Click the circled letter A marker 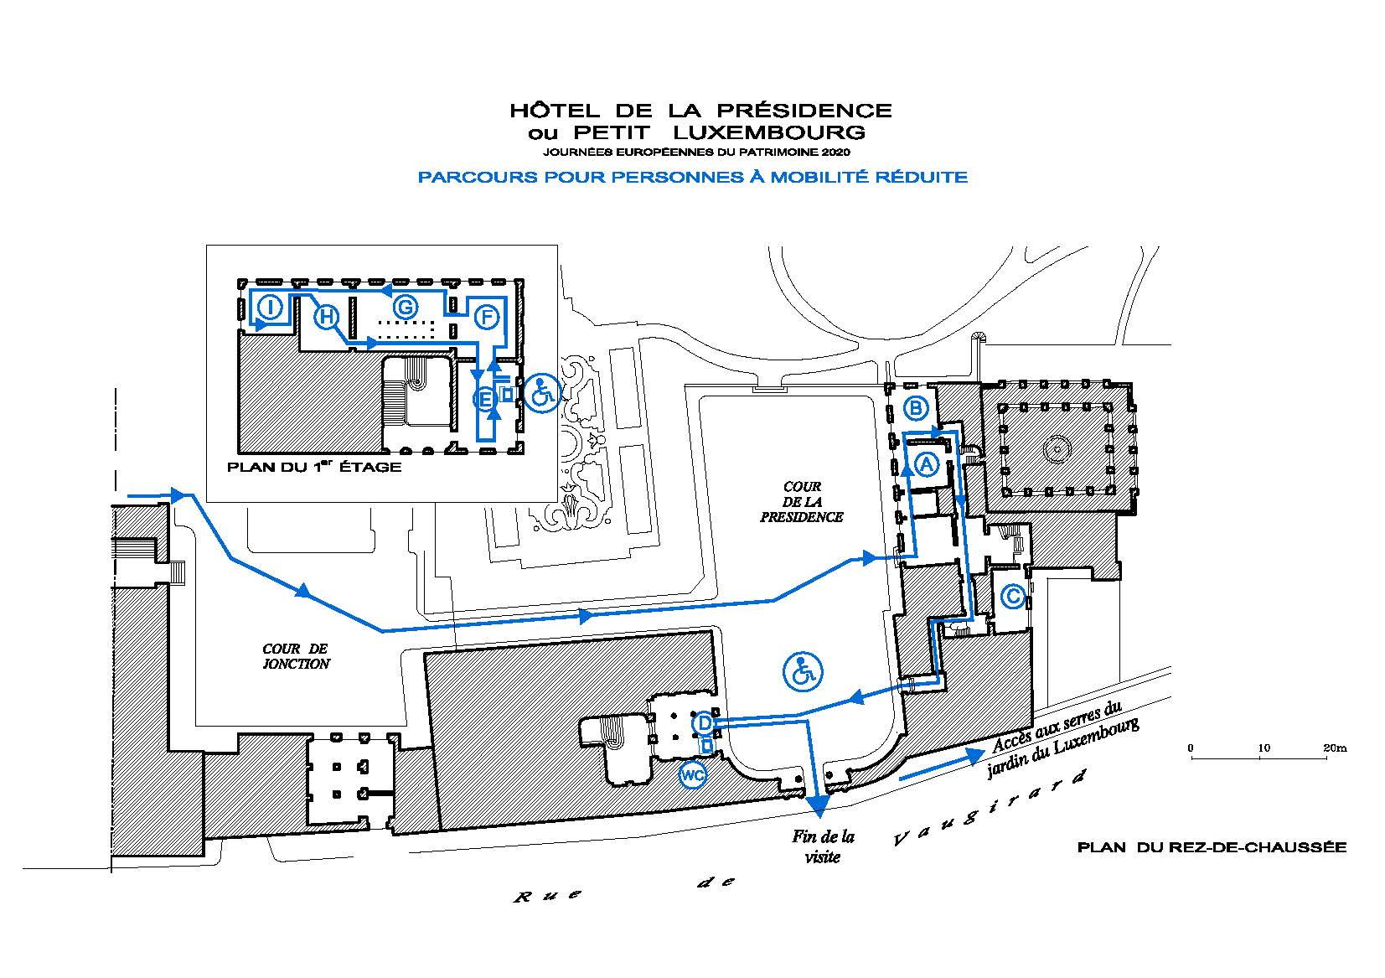click(926, 463)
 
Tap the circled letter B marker click(916, 407)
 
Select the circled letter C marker click(1013, 597)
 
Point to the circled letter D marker click(705, 722)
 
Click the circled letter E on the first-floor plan click(485, 399)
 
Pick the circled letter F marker click(487, 318)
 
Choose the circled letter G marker click(406, 308)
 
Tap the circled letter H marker click(326, 318)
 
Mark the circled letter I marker click(270, 306)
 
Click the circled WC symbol click(692, 775)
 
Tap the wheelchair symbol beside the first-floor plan click(541, 394)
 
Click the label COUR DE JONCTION click(296, 656)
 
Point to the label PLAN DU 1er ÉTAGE click(314, 467)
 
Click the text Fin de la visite click(823, 847)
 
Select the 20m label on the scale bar click(1335, 748)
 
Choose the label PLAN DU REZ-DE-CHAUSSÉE click(1212, 847)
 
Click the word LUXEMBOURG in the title click(769, 132)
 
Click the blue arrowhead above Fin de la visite click(818, 802)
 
